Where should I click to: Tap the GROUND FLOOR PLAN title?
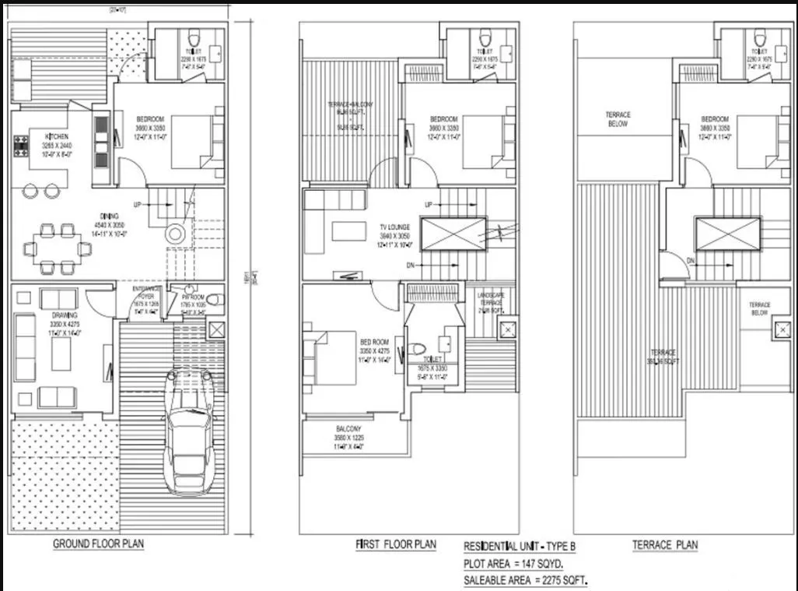coord(98,544)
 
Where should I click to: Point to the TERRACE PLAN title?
coord(664,545)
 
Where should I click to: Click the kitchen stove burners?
coord(20,146)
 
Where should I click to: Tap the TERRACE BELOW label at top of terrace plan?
coord(618,118)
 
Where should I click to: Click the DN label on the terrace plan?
coord(691,260)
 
